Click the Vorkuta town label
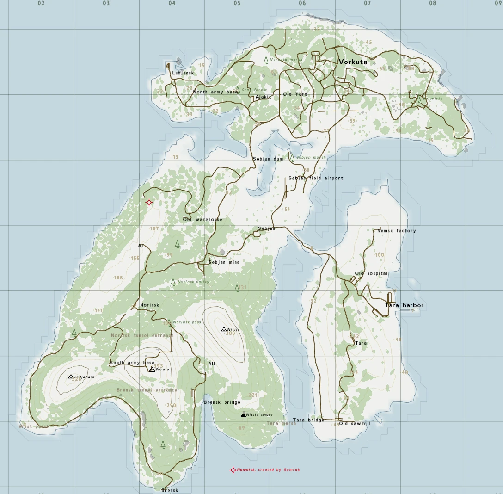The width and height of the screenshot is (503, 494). click(353, 62)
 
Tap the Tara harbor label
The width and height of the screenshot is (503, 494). click(404, 305)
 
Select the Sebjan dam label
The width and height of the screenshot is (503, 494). click(268, 159)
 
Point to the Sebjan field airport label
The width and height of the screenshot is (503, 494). click(316, 178)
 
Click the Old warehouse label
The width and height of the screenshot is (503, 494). click(202, 220)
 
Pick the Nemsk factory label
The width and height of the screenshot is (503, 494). click(397, 231)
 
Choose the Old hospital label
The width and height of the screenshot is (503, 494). click(371, 273)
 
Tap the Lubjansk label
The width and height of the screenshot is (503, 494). click(183, 73)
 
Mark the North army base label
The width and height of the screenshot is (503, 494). click(215, 92)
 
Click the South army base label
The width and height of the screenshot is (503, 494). click(132, 363)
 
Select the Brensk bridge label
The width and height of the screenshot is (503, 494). click(222, 402)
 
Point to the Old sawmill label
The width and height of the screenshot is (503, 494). click(355, 423)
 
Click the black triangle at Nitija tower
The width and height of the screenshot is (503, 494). click(243, 415)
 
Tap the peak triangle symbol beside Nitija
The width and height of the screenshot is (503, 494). click(224, 330)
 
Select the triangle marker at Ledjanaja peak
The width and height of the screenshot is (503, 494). click(71, 377)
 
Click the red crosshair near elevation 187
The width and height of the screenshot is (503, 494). click(149, 203)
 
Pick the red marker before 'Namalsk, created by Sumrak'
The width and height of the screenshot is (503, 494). click(233, 470)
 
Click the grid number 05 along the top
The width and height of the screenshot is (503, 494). click(237, 3)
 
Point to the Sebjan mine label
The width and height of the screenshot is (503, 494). click(224, 262)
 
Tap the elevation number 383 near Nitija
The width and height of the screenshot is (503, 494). click(230, 333)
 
